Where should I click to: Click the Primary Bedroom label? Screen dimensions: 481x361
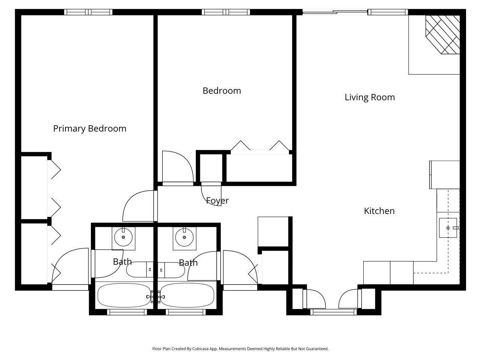[90, 129]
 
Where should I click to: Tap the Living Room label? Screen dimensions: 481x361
[370, 97]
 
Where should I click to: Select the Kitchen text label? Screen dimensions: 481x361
[379, 211]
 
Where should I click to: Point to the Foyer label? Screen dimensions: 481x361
[217, 200]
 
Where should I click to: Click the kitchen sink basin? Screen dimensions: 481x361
[448, 228]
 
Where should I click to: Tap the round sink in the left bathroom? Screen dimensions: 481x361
[123, 237]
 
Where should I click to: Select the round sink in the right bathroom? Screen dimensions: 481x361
[184, 237]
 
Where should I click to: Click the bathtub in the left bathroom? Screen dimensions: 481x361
[124, 296]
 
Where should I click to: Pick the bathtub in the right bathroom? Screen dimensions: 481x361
[187, 296]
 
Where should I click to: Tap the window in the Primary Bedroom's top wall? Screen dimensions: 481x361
[88, 12]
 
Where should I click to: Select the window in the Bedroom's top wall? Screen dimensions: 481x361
[226, 12]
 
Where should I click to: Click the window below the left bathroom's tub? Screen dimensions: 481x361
[127, 312]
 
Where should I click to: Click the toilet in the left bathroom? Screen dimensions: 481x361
[139, 269]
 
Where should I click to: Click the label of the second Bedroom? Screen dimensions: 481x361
[222, 91]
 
